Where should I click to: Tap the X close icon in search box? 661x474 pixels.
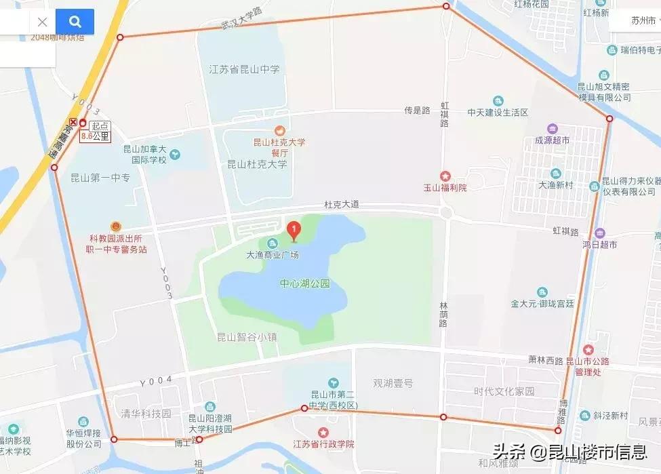click(42, 22)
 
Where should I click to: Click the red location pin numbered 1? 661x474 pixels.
click(294, 231)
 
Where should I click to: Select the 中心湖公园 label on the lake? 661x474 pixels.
click(304, 284)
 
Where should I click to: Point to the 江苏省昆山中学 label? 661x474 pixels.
click(244, 69)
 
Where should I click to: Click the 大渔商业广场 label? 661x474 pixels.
click(273, 255)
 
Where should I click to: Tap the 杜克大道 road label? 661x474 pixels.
click(341, 204)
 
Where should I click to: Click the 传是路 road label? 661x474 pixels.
click(418, 110)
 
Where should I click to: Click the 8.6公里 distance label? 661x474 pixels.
click(96, 136)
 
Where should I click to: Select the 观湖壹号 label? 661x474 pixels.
click(393, 383)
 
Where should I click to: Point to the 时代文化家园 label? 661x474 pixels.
click(504, 391)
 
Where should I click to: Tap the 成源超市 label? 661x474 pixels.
click(552, 140)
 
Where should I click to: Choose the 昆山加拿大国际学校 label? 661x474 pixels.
click(144, 155)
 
